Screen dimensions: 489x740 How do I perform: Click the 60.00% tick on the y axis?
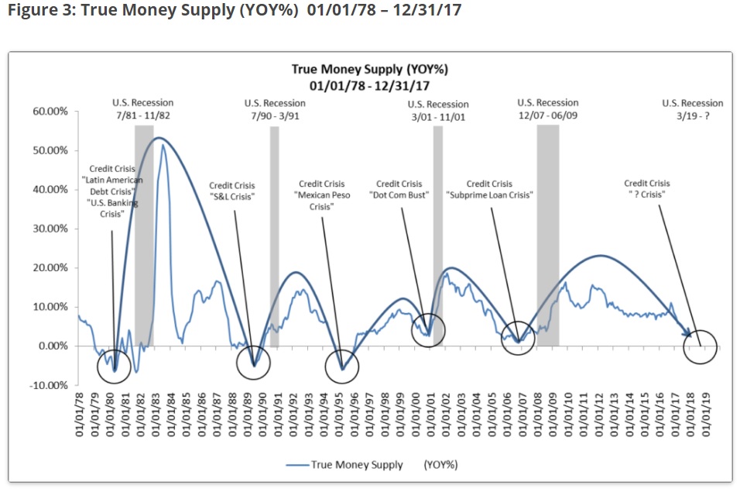click(50, 112)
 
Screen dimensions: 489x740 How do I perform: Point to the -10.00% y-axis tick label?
click(50, 385)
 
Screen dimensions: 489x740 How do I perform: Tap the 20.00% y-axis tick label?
click(50, 268)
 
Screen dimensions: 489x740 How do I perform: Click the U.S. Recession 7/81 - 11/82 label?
click(142, 108)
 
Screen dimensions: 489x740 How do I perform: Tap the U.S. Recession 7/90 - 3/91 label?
click(275, 109)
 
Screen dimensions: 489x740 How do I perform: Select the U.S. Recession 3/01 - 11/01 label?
click(438, 111)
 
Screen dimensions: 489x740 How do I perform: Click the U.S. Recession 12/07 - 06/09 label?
click(548, 108)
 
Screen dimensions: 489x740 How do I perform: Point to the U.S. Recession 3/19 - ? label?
click(693, 109)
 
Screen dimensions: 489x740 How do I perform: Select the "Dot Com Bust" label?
click(399, 190)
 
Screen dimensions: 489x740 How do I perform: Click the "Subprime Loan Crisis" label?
click(490, 190)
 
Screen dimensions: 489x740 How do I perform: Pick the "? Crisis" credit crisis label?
click(647, 189)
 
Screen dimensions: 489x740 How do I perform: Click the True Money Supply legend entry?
click(356, 465)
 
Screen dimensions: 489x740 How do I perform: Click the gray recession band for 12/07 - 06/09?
click(548, 232)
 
